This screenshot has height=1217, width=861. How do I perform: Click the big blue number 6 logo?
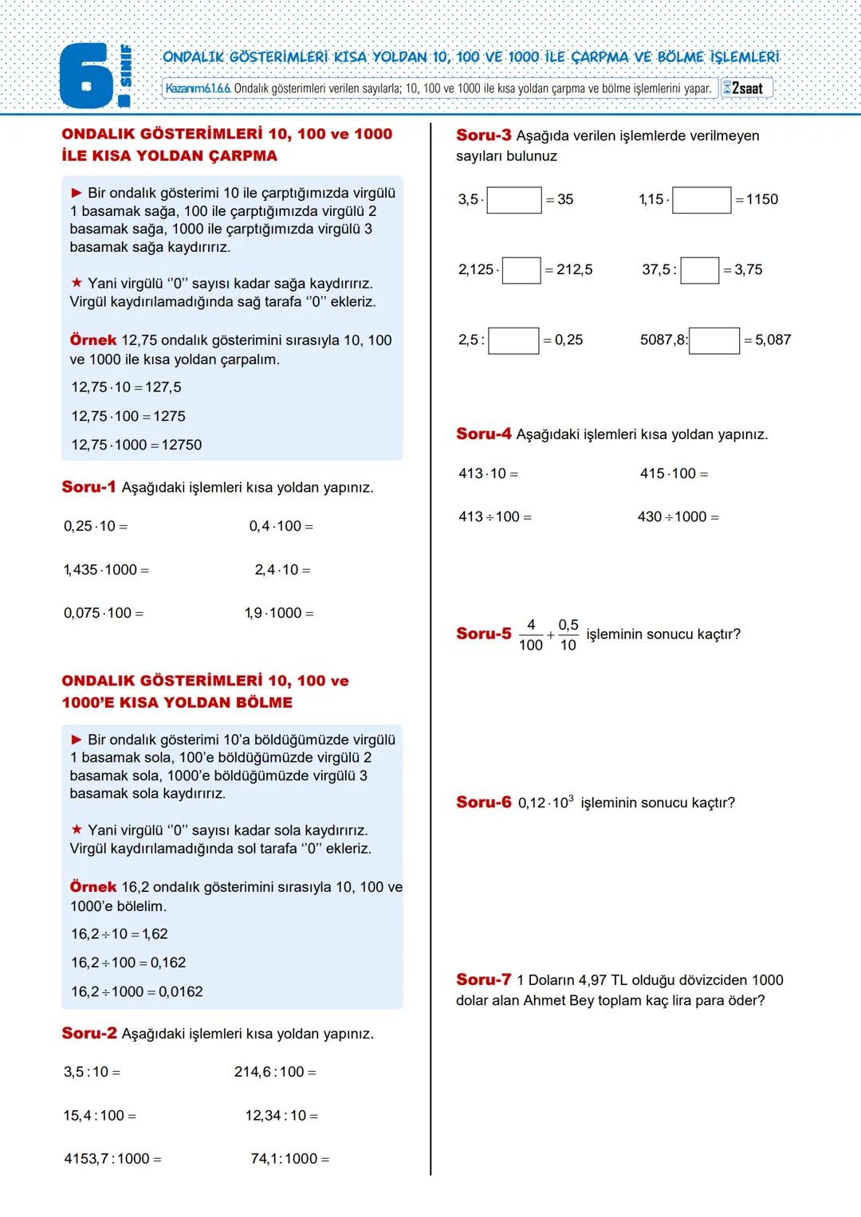click(86, 77)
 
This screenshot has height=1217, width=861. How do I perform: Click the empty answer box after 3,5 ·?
click(514, 200)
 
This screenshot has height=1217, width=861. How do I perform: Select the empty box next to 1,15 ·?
click(702, 200)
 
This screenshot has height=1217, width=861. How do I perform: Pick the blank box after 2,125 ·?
click(521, 270)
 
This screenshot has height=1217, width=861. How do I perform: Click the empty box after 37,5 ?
click(700, 270)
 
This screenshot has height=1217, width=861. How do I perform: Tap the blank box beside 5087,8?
click(714, 340)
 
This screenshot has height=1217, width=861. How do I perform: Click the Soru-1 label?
click(88, 487)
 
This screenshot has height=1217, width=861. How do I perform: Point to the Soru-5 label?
click(483, 634)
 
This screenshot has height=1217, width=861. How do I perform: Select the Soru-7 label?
click(483, 979)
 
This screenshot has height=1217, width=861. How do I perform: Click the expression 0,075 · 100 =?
click(104, 613)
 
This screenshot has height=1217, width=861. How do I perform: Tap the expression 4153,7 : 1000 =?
click(112, 1159)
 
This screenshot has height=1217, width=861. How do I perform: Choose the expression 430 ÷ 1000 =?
click(678, 516)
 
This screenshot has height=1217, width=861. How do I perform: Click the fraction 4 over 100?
click(531, 635)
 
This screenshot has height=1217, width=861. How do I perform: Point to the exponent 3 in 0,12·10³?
click(571, 797)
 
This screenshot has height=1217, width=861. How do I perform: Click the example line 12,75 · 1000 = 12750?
click(136, 445)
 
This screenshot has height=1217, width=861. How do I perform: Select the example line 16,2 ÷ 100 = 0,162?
click(128, 963)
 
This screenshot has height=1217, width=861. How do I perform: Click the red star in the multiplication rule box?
click(77, 283)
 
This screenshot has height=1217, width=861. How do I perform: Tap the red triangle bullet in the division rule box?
click(77, 740)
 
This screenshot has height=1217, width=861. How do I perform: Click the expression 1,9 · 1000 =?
click(279, 613)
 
